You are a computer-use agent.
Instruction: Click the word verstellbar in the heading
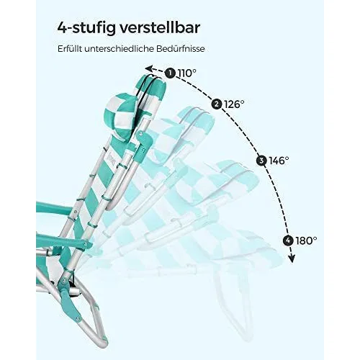[x=159, y=28]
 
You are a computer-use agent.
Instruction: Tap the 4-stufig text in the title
[x=86, y=29]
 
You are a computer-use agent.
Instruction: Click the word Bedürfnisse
[x=181, y=49]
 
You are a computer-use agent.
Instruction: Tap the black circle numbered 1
[x=170, y=73]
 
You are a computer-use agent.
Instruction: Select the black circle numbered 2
[x=216, y=104]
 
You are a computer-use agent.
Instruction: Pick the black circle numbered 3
[x=261, y=161]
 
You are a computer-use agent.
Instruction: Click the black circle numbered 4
[x=288, y=240]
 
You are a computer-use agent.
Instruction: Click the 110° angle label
[x=186, y=73]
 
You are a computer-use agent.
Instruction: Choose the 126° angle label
[x=234, y=104]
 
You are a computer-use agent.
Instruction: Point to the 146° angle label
[x=279, y=161]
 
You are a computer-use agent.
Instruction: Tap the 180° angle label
[x=307, y=240]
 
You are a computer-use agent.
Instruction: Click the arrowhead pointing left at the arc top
[x=149, y=69]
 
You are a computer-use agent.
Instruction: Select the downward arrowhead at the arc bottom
[x=292, y=259]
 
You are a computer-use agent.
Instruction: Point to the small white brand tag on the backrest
[x=114, y=160]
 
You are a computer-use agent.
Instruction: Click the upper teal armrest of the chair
[x=53, y=208]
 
